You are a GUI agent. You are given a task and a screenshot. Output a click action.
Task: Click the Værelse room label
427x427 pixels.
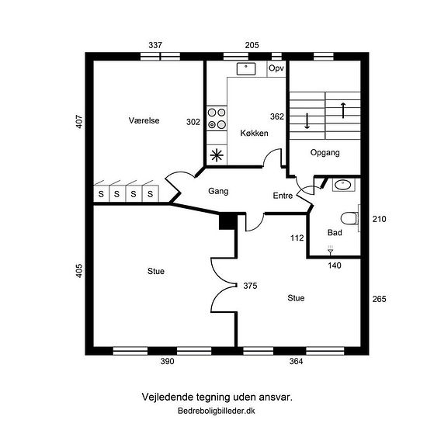[x=144, y=120]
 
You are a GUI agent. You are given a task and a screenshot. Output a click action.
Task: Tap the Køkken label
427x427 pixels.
[x=254, y=134]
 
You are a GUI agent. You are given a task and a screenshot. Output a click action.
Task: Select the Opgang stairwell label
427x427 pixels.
[x=325, y=152]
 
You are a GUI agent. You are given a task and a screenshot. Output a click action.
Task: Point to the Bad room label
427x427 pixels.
[x=335, y=233]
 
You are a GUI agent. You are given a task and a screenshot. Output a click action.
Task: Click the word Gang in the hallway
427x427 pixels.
[x=218, y=191]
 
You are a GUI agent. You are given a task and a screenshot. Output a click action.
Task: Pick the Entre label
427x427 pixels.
[x=283, y=196]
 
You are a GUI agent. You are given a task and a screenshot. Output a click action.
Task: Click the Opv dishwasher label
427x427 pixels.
[x=276, y=68]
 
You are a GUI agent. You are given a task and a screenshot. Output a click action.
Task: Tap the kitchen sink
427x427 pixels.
[x=246, y=69]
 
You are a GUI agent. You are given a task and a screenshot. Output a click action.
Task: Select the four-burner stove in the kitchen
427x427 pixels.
[x=217, y=119]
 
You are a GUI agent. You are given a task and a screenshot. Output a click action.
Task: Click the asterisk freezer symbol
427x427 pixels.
[x=217, y=155]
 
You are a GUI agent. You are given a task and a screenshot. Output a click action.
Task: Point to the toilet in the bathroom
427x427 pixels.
[x=350, y=218]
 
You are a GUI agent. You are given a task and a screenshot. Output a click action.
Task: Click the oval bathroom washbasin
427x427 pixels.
[x=343, y=186]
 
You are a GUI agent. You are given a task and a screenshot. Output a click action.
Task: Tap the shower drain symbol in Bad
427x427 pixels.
[x=330, y=251]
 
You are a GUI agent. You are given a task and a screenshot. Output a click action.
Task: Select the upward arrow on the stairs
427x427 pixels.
[x=343, y=110]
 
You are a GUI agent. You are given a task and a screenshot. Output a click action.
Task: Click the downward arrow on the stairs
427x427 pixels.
[x=307, y=121]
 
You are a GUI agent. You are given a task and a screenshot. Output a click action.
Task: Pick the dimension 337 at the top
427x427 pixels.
[x=155, y=45]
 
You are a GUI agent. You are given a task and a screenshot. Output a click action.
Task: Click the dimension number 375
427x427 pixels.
[x=250, y=286]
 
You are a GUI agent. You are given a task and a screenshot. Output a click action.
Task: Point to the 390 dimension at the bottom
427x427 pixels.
[x=167, y=361]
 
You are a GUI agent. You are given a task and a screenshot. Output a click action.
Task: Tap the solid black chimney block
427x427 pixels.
[x=228, y=222]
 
